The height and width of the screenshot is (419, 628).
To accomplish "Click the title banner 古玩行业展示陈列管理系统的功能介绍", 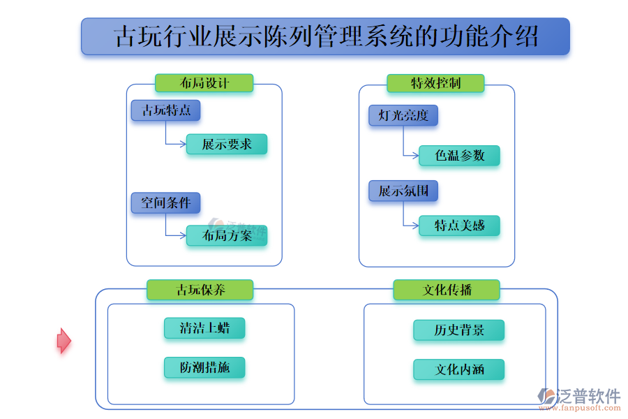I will pos(325,36).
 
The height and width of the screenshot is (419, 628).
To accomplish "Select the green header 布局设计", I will pos(204,83).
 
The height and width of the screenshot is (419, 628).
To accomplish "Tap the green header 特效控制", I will pos(435,83).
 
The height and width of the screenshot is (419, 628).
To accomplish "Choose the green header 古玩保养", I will pos(200,290).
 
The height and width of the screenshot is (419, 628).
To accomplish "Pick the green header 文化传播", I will pos(447,290).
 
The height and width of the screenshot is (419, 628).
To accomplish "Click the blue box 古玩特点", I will pos(165,110).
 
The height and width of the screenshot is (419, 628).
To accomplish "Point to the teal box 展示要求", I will pos(227,145).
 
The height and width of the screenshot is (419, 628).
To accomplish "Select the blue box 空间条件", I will pos(165,203).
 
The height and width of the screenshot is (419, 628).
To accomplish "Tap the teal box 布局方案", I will pos(227,235).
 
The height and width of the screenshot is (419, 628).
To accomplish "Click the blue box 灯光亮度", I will pos(403,116).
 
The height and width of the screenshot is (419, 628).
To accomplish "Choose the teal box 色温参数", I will pos(459,156).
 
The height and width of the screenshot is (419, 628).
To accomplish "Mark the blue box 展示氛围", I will pos(403,191).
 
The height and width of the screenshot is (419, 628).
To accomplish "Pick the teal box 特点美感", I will pos(459,226).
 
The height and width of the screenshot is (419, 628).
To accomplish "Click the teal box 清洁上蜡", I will pos(204,328).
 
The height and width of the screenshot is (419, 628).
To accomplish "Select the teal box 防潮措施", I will pos(204,368).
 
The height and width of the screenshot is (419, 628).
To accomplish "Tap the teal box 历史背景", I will pos(458,330).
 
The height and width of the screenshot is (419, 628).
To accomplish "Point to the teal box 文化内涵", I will pos(458,370).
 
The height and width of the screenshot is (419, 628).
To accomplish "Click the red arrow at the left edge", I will pos(63,341).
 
